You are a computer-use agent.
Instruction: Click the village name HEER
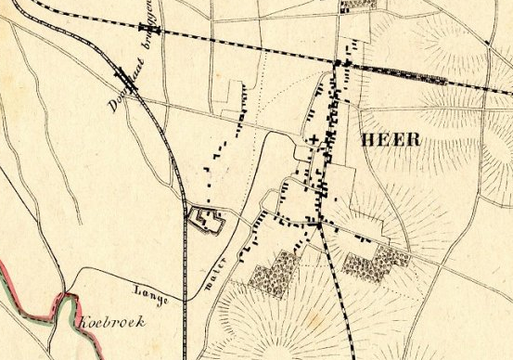tap(389, 140)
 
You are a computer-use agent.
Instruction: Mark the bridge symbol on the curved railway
tap(124, 76)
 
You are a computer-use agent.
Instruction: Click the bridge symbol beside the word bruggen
tap(157, 29)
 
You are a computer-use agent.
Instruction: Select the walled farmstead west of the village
tap(207, 220)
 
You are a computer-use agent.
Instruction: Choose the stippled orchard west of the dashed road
tap(276, 272)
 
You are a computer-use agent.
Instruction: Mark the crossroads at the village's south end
tap(317, 224)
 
